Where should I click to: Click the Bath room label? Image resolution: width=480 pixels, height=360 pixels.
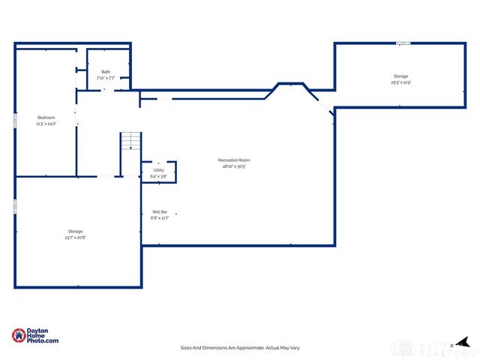pos(106,72)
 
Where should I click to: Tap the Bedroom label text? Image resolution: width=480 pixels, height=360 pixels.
pos(46,118)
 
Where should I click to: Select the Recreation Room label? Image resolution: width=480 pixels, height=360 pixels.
pos(234,160)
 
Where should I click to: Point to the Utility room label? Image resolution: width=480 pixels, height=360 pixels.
pos(158,170)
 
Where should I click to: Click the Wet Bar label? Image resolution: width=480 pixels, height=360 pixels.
pos(160,212)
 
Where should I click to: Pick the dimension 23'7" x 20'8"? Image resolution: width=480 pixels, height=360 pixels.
pos(75,238)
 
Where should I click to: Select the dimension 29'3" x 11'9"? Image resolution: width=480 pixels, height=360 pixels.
pos(401,82)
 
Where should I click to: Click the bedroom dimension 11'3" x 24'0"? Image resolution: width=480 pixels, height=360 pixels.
pos(46,124)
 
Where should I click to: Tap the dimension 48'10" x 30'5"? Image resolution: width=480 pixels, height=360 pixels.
pos(234,166)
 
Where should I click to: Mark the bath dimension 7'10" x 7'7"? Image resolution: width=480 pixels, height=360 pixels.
pos(106,78)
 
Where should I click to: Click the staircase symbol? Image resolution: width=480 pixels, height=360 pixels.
pos(130,142)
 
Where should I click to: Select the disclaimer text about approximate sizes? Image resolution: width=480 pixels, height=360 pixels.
pos(240,348)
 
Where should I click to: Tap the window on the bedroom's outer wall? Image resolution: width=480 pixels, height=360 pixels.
pos(15,120)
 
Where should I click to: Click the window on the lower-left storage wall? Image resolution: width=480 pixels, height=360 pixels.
pos(15,205)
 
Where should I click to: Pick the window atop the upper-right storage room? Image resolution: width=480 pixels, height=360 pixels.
pos(403,43)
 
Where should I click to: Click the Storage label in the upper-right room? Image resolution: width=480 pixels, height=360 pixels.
pos(401,76)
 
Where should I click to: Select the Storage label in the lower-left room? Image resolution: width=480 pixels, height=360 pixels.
pos(75,232)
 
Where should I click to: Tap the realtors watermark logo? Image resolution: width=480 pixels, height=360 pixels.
pos(427,347)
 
